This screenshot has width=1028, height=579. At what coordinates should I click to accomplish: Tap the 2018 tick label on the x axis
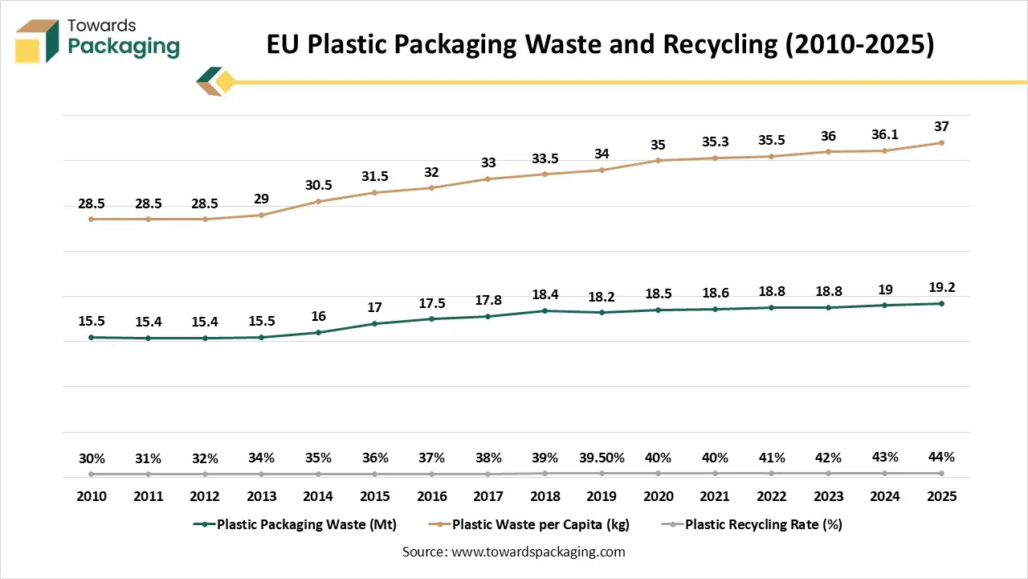point(545,496)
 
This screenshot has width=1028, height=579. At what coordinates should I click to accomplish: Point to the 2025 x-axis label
point(940,496)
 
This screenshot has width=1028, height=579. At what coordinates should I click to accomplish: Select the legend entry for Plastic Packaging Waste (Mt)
point(295,524)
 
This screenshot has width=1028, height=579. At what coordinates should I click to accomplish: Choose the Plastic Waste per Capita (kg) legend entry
point(532,524)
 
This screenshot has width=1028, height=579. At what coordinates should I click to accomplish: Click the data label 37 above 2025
point(940,127)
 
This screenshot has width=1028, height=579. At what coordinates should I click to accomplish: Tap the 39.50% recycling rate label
point(602,458)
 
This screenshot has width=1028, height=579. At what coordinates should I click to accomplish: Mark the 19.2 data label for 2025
point(940,288)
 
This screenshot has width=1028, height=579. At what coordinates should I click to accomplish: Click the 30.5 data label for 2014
point(318,186)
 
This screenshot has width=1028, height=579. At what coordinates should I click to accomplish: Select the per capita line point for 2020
point(658,161)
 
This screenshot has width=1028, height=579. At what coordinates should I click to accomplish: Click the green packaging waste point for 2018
point(545,310)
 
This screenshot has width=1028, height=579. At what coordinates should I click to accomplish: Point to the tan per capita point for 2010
point(92,219)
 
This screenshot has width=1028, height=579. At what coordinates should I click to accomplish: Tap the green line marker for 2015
point(375,324)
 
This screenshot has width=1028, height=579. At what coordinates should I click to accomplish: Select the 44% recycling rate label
point(940,457)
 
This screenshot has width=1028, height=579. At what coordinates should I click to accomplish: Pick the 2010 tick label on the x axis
point(92,496)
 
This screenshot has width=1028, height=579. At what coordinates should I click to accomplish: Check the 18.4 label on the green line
point(545,295)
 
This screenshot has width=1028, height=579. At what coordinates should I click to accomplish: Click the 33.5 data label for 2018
point(545,158)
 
